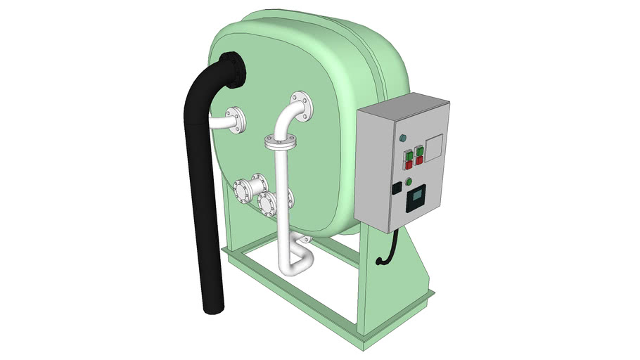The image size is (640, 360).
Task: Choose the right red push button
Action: (x=420, y=160)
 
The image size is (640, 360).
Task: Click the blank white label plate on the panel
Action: (x=434, y=146)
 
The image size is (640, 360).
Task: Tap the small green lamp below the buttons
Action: (x=409, y=181)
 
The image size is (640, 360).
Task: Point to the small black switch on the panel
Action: (x=397, y=188)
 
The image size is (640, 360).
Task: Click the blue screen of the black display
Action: (x=418, y=195)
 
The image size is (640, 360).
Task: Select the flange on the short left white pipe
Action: (x=236, y=120)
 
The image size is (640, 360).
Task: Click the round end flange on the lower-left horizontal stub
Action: (x=240, y=190)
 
